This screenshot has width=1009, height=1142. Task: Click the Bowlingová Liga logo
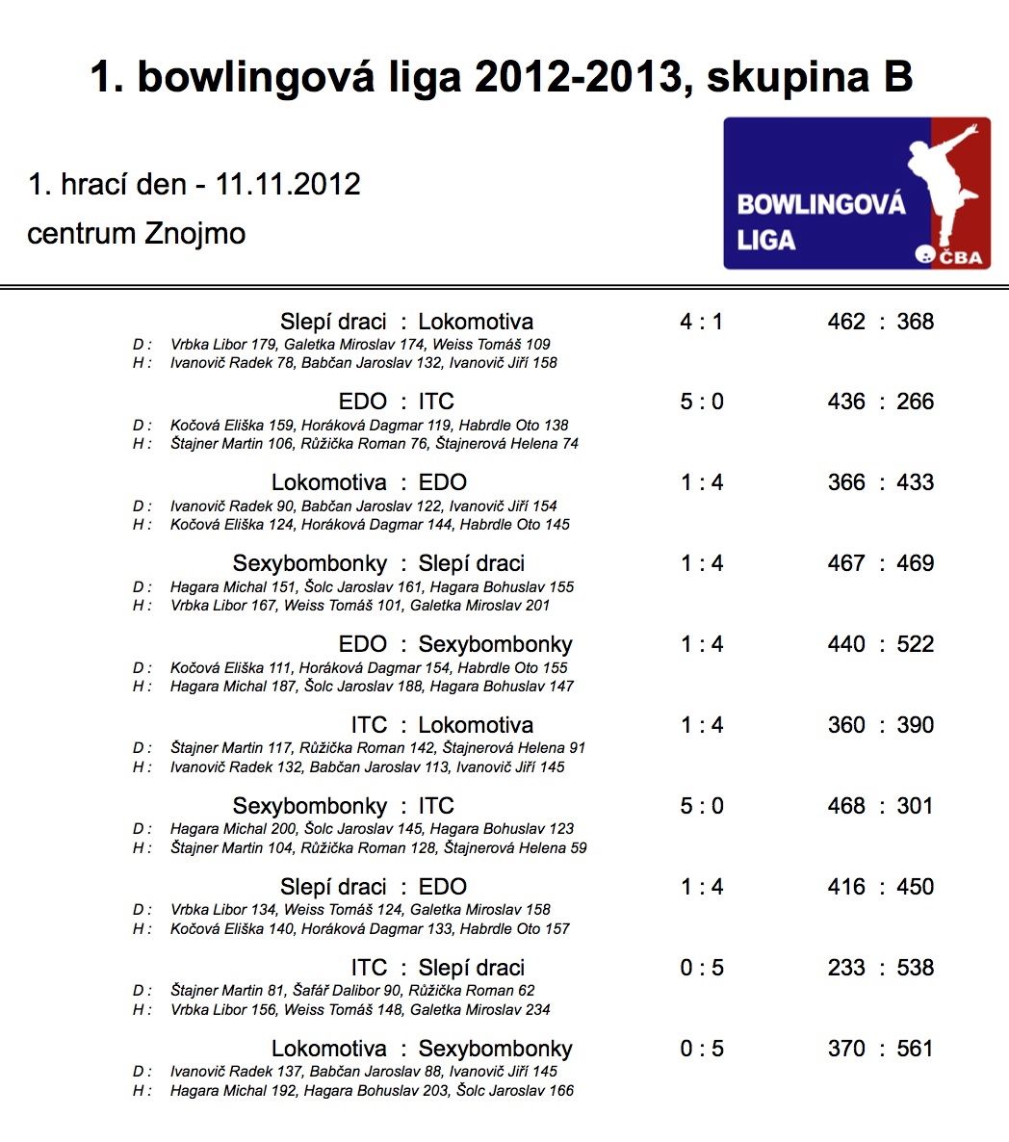tap(856, 193)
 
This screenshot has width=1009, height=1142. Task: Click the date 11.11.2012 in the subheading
tap(288, 184)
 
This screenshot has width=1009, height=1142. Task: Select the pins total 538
tap(915, 968)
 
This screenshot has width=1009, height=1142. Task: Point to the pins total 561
tap(915, 1049)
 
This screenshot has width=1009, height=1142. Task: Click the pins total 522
tap(915, 644)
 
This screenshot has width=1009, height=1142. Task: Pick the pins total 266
tap(915, 402)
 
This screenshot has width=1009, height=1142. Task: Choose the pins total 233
tap(846, 968)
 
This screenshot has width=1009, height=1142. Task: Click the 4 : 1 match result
tap(701, 322)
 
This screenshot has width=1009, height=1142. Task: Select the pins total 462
tap(846, 322)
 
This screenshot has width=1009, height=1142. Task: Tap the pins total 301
tap(915, 806)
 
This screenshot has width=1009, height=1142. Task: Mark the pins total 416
tap(846, 887)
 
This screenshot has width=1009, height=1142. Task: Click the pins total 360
tap(846, 725)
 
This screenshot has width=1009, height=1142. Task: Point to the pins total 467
tap(846, 563)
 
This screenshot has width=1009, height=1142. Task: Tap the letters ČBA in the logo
tap(961, 256)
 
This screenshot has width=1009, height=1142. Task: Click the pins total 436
tap(846, 402)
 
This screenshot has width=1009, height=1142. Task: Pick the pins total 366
tap(846, 482)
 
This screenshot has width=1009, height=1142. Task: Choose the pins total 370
tap(846, 1049)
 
